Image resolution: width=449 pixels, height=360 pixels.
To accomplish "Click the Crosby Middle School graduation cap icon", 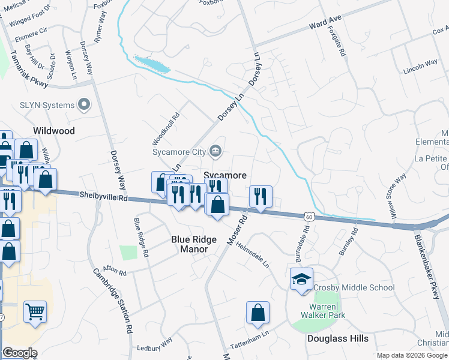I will click(301, 279).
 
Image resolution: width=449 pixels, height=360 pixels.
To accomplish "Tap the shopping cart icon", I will click(35, 311).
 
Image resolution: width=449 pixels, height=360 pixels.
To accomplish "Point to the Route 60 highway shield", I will click(307, 215).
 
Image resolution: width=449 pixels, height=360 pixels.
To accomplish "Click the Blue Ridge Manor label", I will click(194, 244).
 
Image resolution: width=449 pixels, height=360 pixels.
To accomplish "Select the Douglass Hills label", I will click(338, 338).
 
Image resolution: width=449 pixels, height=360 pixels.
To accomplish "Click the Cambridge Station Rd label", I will click(113, 300).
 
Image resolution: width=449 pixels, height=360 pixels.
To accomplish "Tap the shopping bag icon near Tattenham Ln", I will click(258, 313).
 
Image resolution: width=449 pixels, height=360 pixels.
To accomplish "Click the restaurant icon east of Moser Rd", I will click(261, 196).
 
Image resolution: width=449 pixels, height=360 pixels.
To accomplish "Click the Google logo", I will click(20, 353).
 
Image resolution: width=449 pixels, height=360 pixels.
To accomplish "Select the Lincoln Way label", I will click(421, 66).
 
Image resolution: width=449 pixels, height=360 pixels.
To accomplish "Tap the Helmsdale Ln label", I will click(253, 255).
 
